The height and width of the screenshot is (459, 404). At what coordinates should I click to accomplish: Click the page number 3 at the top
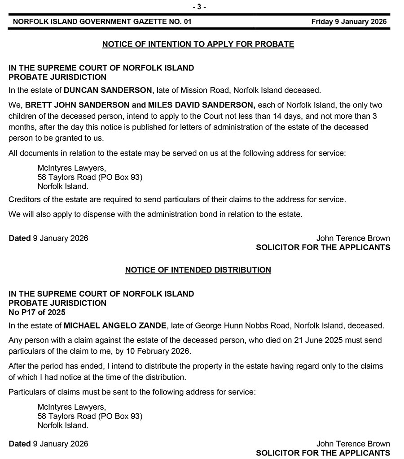pos(199,7)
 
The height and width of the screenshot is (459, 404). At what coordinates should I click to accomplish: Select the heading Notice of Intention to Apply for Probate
pos(198,44)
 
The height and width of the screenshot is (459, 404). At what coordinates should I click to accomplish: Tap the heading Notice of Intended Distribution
pos(198,270)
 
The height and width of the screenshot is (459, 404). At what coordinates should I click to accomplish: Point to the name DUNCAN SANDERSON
pos(108,90)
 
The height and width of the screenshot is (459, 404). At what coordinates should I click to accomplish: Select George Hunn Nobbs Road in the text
pos(222,325)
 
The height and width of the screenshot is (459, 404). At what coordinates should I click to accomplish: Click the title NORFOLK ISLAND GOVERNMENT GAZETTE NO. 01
pos(102,22)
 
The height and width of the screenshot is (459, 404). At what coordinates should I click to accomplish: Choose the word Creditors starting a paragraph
pos(25,199)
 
